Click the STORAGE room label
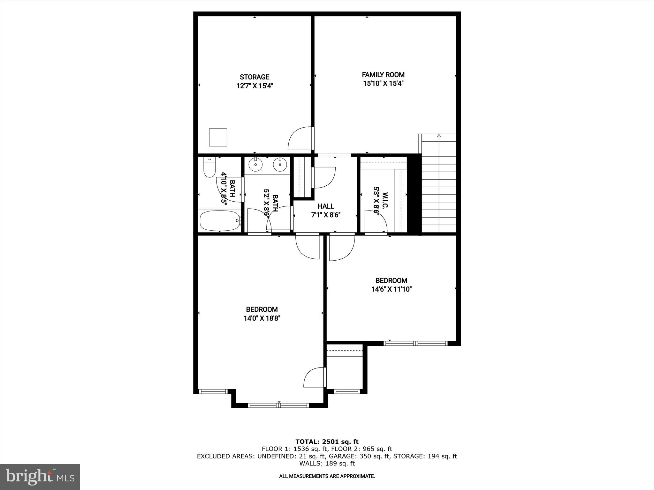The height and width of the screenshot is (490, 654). pyautogui.click(x=255, y=77)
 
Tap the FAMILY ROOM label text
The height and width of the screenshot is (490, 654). pyautogui.click(x=383, y=75)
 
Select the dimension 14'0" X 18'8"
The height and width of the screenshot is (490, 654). pyautogui.click(x=262, y=318)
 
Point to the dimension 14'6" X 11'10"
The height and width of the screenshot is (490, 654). pyautogui.click(x=391, y=289)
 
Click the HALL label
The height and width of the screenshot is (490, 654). pyautogui.click(x=326, y=206)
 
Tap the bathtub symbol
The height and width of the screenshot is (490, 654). pyautogui.click(x=219, y=220)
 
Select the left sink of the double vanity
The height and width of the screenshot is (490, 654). pyautogui.click(x=256, y=165)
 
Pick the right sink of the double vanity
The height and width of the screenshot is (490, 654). pyautogui.click(x=280, y=165)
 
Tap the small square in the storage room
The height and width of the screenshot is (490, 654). pyautogui.click(x=218, y=137)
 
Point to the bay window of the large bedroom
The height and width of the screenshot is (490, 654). pyautogui.click(x=278, y=405)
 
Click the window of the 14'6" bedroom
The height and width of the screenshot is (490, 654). pyautogui.click(x=415, y=343)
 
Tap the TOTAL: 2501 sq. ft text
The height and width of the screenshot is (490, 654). pyautogui.click(x=327, y=442)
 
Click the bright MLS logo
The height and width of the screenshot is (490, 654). pyautogui.click(x=40, y=477)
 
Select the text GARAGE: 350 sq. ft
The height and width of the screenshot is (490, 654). pyautogui.click(x=359, y=456)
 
